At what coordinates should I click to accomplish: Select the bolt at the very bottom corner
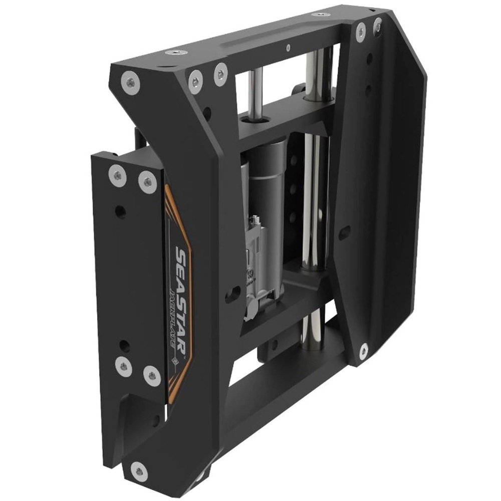(139, 471)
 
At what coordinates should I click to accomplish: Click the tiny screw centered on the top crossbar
(287, 47)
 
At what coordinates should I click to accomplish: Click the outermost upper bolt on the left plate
(117, 174)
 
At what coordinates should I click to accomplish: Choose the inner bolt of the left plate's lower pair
(151, 374)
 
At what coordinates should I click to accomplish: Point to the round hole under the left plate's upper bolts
(121, 211)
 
